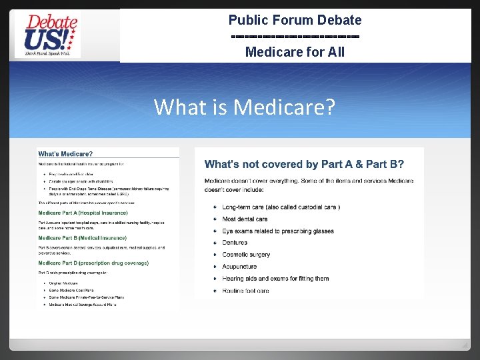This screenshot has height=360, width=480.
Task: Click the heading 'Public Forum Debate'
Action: pyautogui.click(x=295, y=21)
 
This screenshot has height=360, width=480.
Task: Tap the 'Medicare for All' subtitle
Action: pyautogui.click(x=295, y=51)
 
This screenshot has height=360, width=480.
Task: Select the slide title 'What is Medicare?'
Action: pyautogui.click(x=244, y=107)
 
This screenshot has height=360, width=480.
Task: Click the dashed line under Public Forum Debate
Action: pyautogui.click(x=295, y=36)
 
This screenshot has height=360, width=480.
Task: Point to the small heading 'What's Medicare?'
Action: pyautogui.click(x=65, y=155)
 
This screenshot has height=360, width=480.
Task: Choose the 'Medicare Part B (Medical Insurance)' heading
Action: pyautogui.click(x=82, y=238)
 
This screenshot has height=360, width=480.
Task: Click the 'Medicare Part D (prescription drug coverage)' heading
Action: pyautogui.click(x=93, y=263)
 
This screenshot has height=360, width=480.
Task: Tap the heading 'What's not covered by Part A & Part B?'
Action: pyautogui.click(x=304, y=164)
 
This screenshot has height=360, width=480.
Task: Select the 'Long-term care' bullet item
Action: pyautogui.click(x=281, y=207)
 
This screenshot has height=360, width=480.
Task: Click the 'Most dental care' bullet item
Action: pyautogui.click(x=245, y=219)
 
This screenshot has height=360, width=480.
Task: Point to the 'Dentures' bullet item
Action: pyautogui.click(x=235, y=243)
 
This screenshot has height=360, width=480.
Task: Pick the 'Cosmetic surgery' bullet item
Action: pyautogui.click(x=246, y=255)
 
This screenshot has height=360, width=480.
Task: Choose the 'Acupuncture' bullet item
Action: pyautogui.click(x=239, y=267)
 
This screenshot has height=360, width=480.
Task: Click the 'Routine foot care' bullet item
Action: pyautogui.click(x=245, y=291)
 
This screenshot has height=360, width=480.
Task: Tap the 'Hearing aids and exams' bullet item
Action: pyautogui.click(x=275, y=279)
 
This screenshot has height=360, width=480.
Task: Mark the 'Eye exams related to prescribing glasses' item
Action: pyautogui.click(x=278, y=231)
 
